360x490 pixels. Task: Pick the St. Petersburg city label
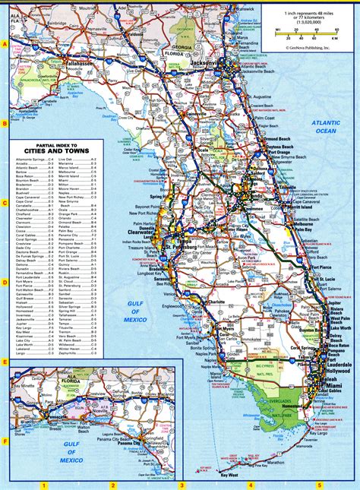(182, 248)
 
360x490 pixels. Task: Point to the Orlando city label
(255, 196)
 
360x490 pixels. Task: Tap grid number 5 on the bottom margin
(319, 485)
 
